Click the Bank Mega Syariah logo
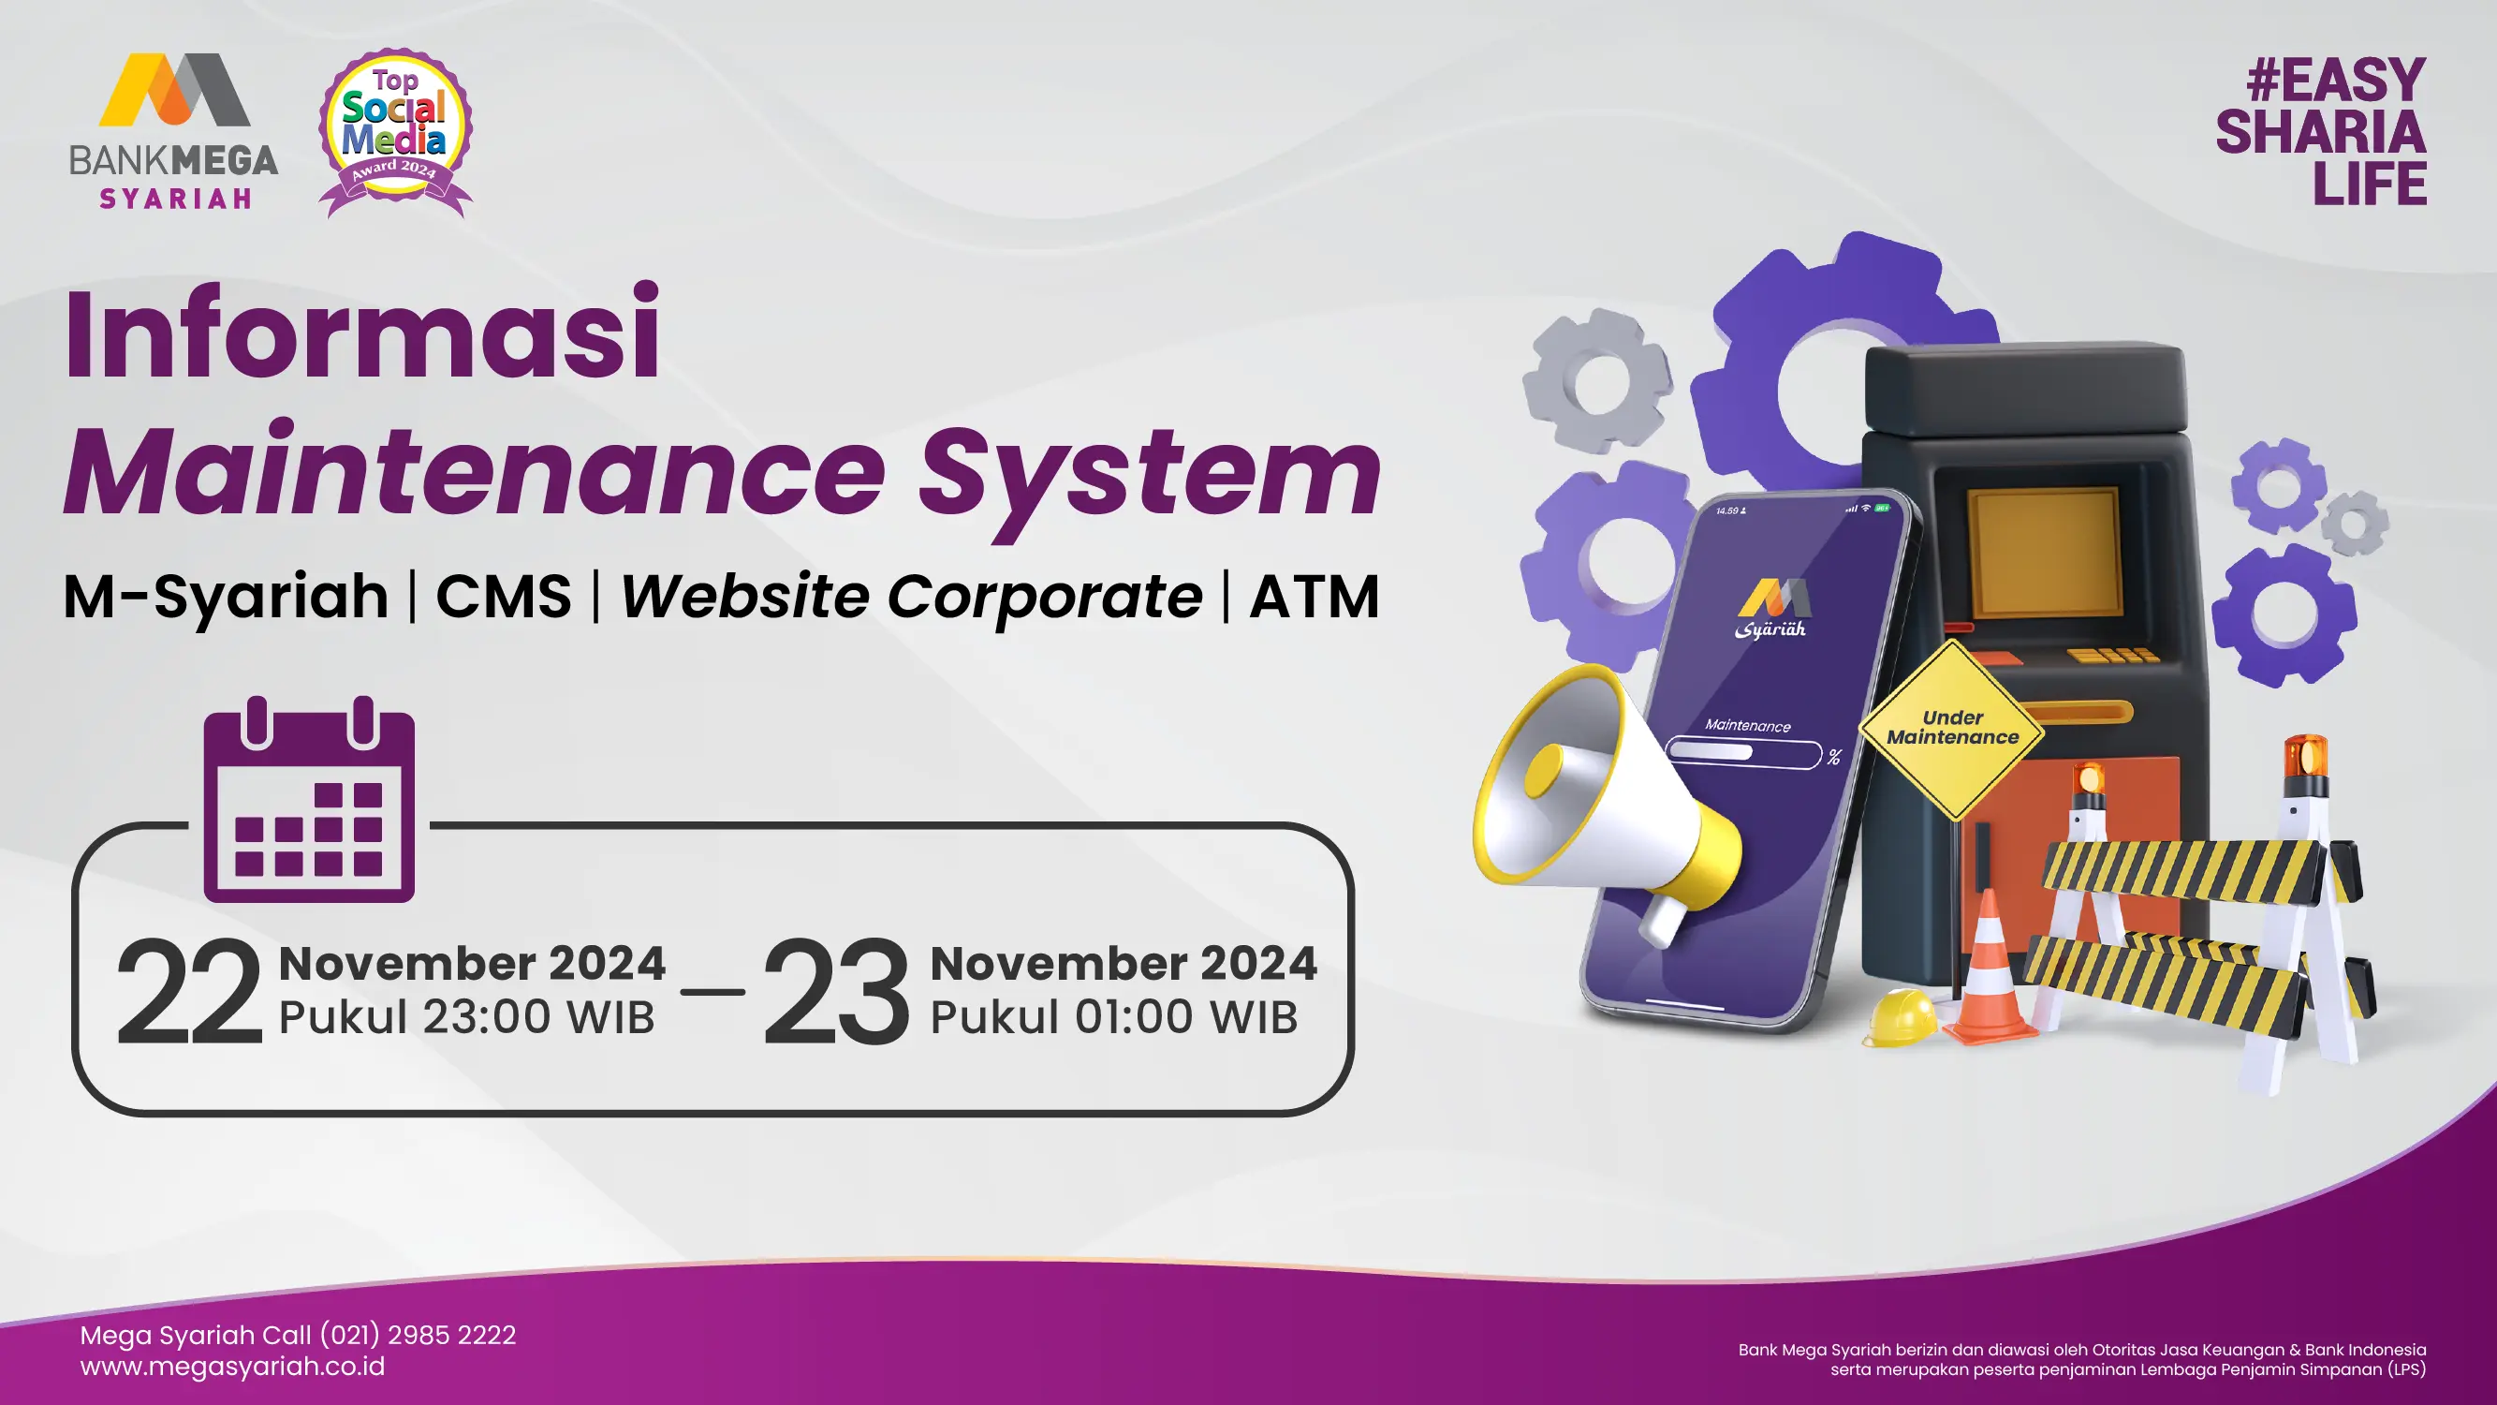(x=173, y=131)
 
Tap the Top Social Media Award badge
(x=395, y=133)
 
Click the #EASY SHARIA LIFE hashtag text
(x=2322, y=132)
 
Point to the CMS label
(x=504, y=596)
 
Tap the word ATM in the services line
(x=1315, y=596)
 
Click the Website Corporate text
(x=911, y=596)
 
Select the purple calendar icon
(x=309, y=799)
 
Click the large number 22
(x=189, y=992)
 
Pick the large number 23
(x=835, y=992)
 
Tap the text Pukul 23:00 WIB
(x=466, y=1016)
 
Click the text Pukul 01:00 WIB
(x=1114, y=1016)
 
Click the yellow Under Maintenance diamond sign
(x=1952, y=728)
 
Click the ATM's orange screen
(x=2042, y=552)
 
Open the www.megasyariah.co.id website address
(x=232, y=1367)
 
